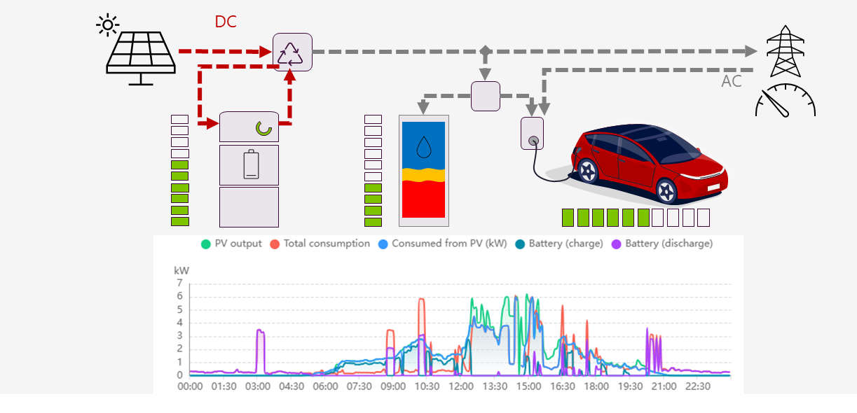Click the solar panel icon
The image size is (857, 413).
(x=140, y=54)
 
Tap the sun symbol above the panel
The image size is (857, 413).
(x=107, y=26)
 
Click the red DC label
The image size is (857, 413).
(x=226, y=22)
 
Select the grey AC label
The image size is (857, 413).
(x=732, y=81)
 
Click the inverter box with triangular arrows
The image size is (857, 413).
(x=292, y=52)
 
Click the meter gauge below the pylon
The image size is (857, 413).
(x=786, y=100)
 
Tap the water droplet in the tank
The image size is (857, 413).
(x=423, y=146)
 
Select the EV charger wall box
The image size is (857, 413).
(x=532, y=133)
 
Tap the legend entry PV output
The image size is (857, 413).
(x=231, y=244)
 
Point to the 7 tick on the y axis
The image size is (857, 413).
(x=179, y=283)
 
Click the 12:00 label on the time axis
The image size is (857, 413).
(x=461, y=386)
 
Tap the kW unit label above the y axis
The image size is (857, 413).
(x=181, y=270)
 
